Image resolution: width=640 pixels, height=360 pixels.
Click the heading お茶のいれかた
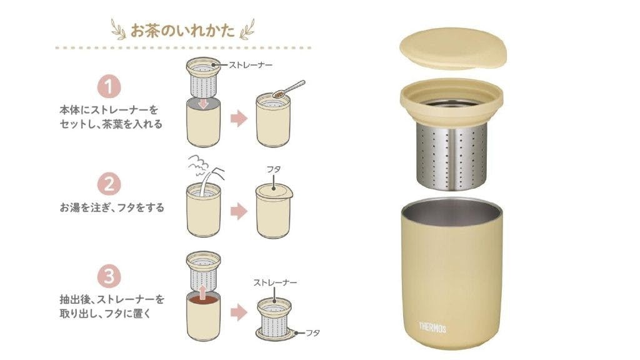[x=183, y=31]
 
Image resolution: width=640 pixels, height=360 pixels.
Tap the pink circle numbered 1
[x=109, y=86]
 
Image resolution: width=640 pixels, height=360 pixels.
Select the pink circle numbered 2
[x=109, y=184]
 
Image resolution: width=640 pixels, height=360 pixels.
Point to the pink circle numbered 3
[x=109, y=276]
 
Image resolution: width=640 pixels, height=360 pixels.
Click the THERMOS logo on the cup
[x=432, y=327]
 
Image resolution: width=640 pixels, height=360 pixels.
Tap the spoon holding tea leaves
[x=288, y=89]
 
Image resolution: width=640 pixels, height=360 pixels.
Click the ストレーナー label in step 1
[x=250, y=65]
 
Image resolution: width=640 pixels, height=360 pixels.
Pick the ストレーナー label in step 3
[x=275, y=282]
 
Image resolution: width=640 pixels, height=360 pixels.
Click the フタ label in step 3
[x=312, y=333]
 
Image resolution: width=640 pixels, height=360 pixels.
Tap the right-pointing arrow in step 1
[x=239, y=119]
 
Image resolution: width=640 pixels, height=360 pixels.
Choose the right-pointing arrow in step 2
[x=239, y=211]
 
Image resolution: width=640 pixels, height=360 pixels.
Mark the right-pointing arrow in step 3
[x=239, y=313]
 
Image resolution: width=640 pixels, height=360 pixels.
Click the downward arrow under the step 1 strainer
[x=203, y=104]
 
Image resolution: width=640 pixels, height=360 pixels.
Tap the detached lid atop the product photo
[x=453, y=48]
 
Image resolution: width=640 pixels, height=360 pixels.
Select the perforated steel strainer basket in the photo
[x=451, y=157]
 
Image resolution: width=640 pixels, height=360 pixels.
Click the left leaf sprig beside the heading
[x=119, y=30]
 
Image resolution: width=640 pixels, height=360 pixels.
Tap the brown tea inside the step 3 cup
[x=203, y=300]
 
